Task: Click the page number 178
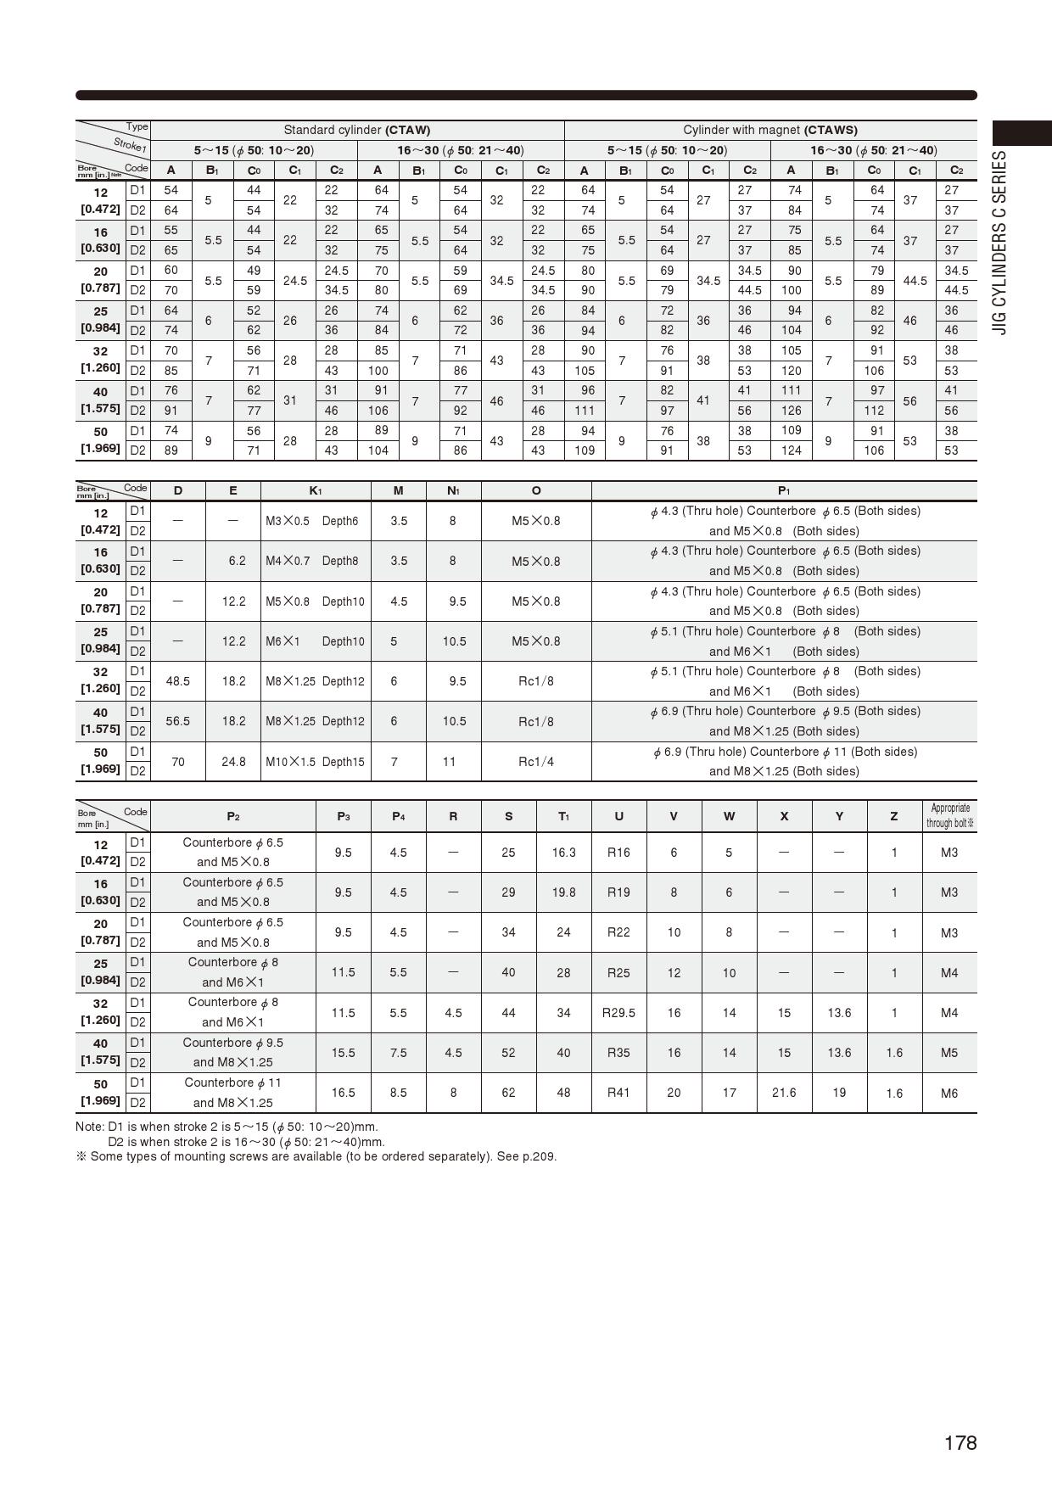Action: (960, 1443)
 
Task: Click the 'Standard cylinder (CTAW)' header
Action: (356, 130)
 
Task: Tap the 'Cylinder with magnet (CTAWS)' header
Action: (770, 130)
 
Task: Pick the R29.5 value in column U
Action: (618, 1013)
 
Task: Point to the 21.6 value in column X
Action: (784, 1093)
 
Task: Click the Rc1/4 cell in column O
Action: (536, 762)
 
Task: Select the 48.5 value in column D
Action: (178, 681)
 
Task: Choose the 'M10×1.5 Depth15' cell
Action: (315, 762)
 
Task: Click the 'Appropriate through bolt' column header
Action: (949, 815)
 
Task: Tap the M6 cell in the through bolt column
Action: (949, 1094)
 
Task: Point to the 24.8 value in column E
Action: (233, 762)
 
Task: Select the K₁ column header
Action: (316, 490)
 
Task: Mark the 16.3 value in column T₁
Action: (563, 853)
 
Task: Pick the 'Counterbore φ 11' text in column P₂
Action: (232, 1082)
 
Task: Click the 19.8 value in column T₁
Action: (563, 892)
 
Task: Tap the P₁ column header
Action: (784, 490)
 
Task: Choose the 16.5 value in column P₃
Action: (343, 1093)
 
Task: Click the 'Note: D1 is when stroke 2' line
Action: (227, 1127)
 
